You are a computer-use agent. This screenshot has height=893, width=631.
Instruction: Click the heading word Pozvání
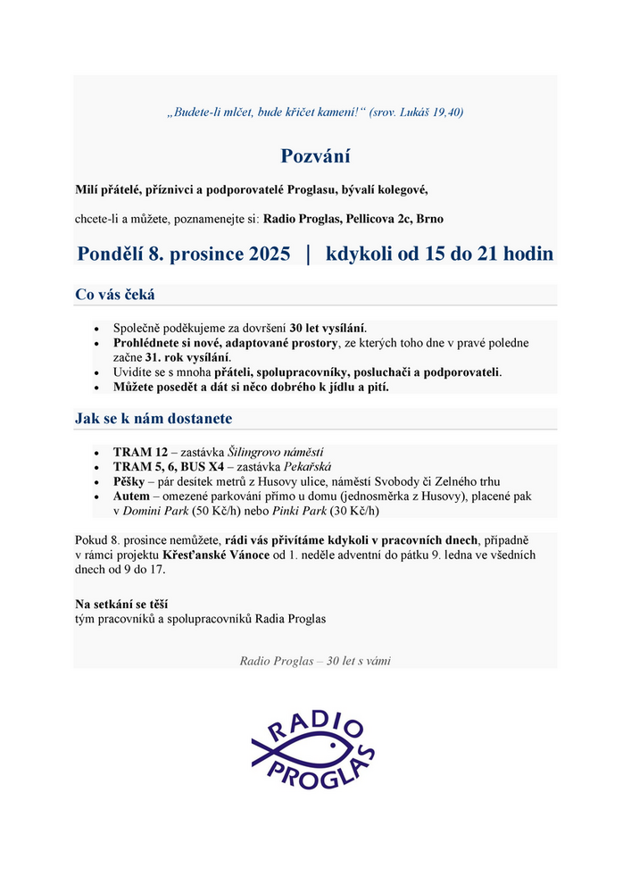315,156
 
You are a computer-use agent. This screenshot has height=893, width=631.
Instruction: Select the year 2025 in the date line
266,254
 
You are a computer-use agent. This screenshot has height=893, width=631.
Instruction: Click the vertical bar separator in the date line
308,254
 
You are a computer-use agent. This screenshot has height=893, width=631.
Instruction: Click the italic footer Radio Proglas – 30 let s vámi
315,662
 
